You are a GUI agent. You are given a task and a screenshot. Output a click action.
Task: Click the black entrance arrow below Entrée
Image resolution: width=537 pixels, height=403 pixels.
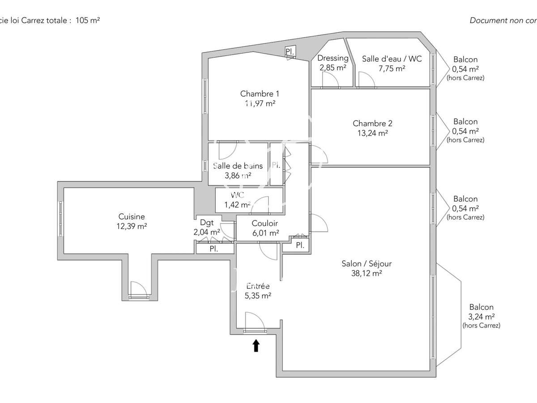256,345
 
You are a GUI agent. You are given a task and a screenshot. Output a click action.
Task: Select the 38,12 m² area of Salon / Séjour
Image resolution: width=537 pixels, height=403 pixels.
367,273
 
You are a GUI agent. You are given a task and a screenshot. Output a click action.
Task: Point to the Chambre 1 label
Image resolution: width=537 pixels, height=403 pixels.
260,94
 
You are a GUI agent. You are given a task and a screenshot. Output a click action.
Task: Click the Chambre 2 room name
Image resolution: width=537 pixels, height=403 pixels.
372,123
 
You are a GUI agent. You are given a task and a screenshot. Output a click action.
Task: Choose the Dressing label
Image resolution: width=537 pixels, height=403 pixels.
333,58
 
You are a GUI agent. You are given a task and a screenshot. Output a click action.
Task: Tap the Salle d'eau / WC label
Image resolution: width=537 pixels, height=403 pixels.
392,58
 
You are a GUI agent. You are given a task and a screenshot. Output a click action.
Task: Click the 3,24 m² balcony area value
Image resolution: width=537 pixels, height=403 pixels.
482,317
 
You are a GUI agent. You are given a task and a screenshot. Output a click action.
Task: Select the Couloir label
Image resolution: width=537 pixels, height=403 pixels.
264,223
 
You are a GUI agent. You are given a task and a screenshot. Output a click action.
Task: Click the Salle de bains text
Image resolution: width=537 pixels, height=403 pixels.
238,166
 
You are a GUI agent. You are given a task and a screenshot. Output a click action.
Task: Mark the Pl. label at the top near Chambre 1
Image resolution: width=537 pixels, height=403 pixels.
290,52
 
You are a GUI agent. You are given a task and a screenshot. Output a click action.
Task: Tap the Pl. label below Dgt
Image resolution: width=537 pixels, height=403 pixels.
214,249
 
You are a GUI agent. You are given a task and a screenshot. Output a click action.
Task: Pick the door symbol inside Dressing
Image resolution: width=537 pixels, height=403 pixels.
330,80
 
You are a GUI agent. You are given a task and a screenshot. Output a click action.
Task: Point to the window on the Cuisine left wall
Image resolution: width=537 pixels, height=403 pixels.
60,218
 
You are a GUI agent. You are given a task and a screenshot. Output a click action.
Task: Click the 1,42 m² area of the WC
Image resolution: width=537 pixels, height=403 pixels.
237,205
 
